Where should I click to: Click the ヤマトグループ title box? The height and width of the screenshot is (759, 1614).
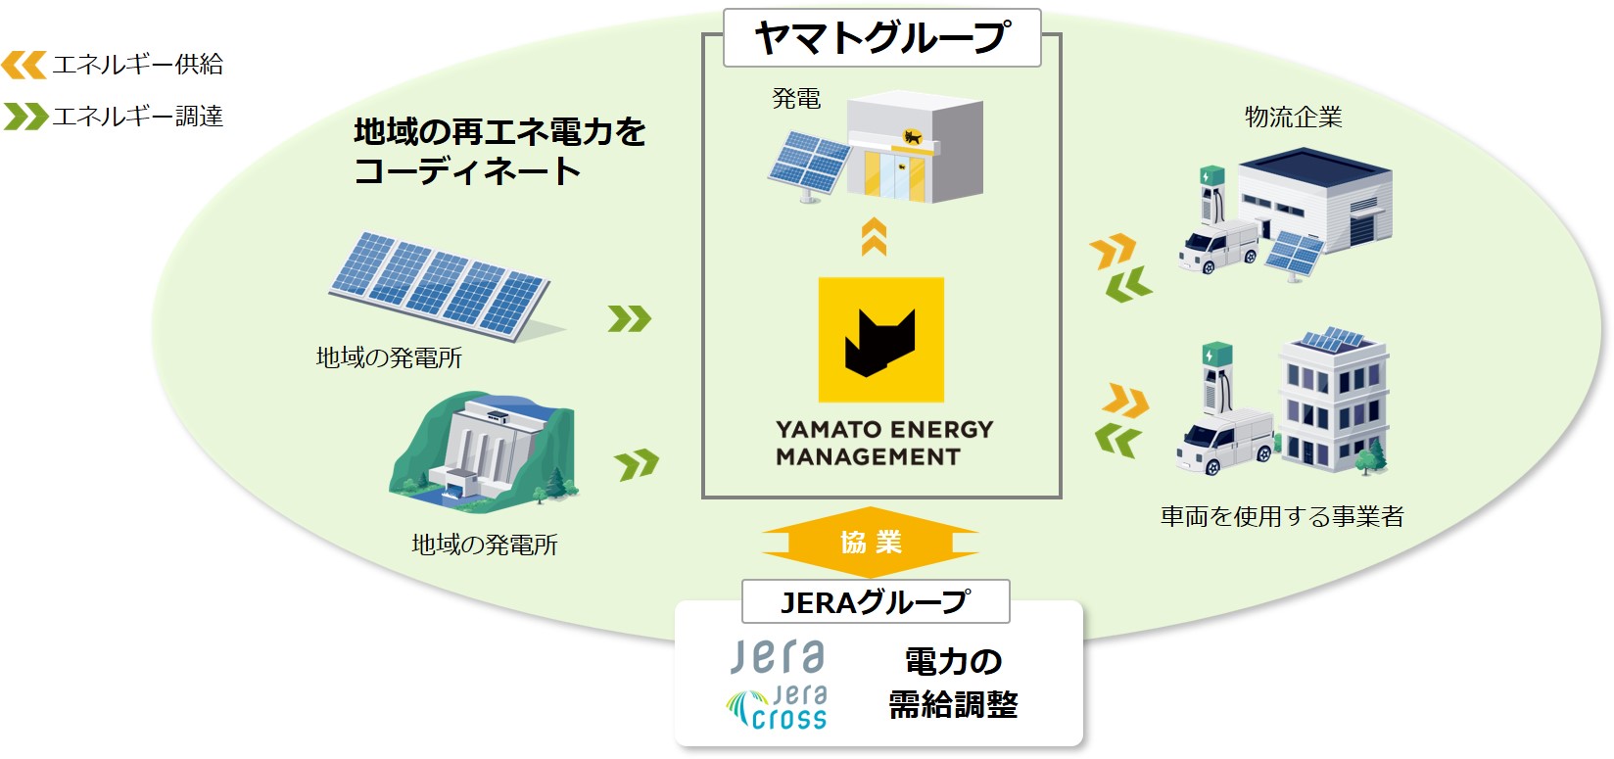coord(881,38)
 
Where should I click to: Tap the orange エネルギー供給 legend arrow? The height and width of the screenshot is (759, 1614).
coord(24,66)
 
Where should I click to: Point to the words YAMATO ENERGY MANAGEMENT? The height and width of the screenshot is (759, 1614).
coord(883,443)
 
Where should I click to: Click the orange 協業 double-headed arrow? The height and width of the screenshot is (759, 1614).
coord(870,542)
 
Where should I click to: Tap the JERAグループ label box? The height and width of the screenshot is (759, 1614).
coord(875,601)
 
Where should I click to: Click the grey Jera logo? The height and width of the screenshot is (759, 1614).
coord(778,656)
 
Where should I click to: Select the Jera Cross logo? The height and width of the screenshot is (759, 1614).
coord(778,709)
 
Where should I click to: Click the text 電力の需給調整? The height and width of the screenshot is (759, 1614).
coord(953,683)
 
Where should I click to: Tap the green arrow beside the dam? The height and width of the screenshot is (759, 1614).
coord(637,464)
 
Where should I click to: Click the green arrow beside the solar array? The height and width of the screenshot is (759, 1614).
coord(629,318)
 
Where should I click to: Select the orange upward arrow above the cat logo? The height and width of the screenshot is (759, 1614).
coord(874,237)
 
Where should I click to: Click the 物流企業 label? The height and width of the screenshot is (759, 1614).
coord(1293,118)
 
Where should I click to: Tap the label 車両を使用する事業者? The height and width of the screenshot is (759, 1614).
coord(1282,516)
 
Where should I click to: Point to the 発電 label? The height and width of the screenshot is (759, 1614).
coord(796,99)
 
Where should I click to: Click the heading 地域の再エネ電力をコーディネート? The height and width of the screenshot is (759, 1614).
coord(499,151)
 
